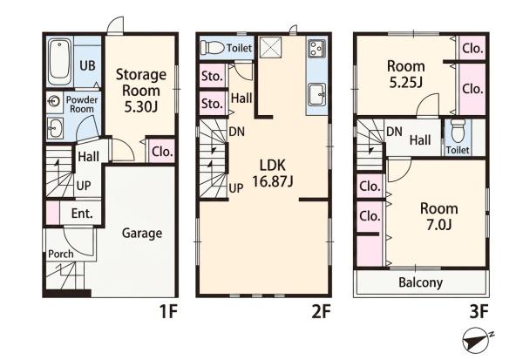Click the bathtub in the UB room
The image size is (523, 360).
click(x=59, y=62)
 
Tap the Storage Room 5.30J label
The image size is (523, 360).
click(x=140, y=91)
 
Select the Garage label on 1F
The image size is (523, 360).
click(x=142, y=233)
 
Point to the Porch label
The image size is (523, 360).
click(x=61, y=254)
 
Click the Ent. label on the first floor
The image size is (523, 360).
click(x=82, y=214)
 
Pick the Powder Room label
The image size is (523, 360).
click(x=82, y=104)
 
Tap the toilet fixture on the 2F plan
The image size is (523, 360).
click(x=213, y=48)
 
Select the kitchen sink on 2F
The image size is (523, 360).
click(x=317, y=94)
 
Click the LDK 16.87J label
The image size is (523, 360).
click(x=273, y=173)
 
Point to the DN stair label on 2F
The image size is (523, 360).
click(x=237, y=132)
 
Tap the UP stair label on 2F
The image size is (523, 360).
click(x=236, y=188)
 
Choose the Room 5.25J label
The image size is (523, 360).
click(x=406, y=74)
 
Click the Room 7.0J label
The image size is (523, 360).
click(x=439, y=216)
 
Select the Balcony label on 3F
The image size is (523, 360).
click(x=421, y=282)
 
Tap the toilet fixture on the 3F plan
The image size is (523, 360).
click(x=458, y=131)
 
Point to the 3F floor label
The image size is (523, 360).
click(x=479, y=312)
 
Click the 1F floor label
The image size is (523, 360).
click(x=167, y=312)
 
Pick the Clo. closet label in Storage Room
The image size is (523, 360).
click(x=162, y=153)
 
